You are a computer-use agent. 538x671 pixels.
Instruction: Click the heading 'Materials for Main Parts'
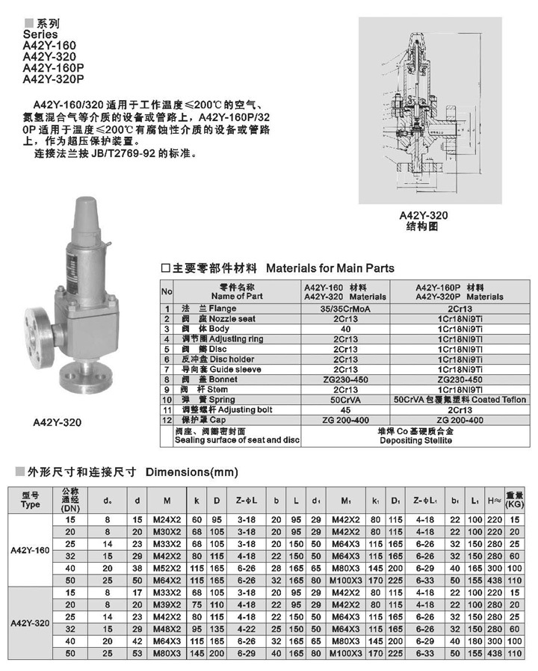(x=330, y=268)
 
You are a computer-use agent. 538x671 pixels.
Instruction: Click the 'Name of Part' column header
(x=238, y=297)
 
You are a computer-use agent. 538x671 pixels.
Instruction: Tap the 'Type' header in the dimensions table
(x=31, y=504)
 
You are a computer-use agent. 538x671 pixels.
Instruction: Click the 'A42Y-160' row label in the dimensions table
(x=31, y=549)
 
